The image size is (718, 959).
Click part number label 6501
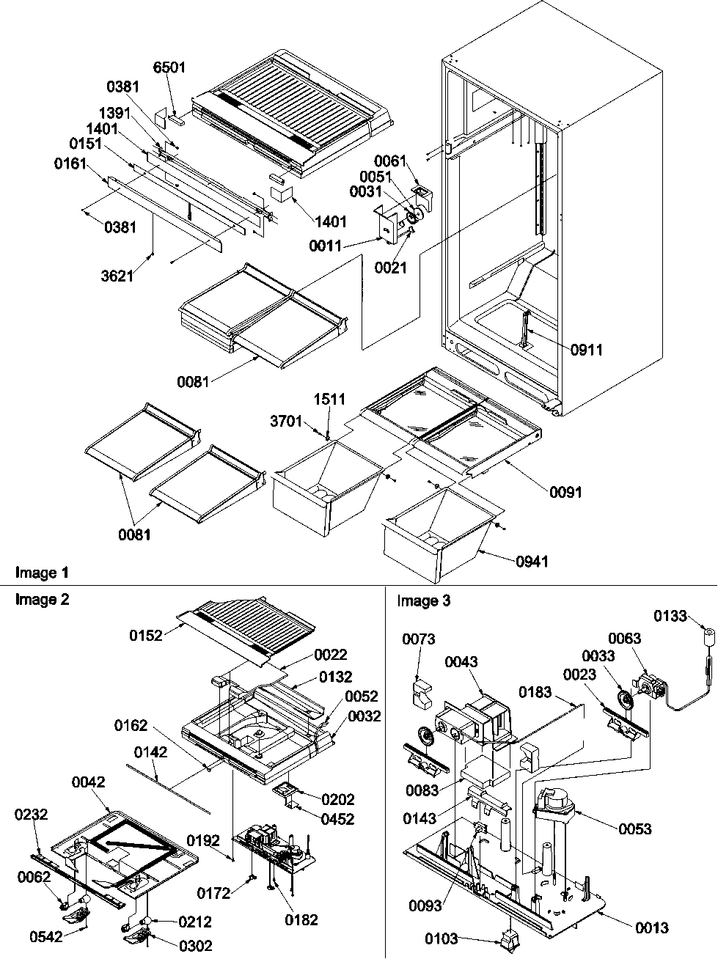(x=169, y=68)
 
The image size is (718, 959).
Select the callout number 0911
(x=587, y=350)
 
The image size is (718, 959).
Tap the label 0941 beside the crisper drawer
(x=531, y=562)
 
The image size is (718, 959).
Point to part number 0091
(x=565, y=492)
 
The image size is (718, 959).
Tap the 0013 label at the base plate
(x=651, y=927)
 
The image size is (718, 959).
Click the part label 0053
(x=634, y=828)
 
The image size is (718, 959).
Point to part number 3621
(x=117, y=276)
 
